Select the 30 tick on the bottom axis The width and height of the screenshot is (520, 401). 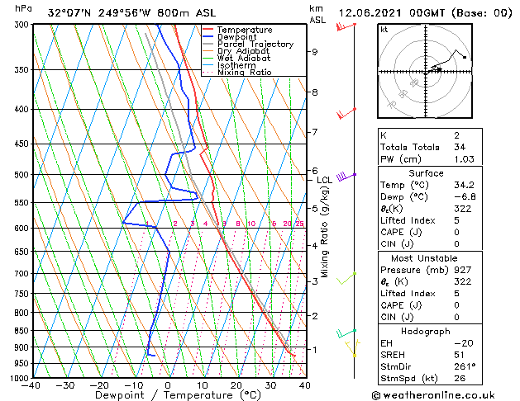pos(270,385)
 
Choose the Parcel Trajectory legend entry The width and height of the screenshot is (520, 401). pos(255,45)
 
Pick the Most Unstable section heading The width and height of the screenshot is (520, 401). pos(426,257)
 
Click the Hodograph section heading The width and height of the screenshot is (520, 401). pos(426,331)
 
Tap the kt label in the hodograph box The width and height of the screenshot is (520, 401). pos(384,30)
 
